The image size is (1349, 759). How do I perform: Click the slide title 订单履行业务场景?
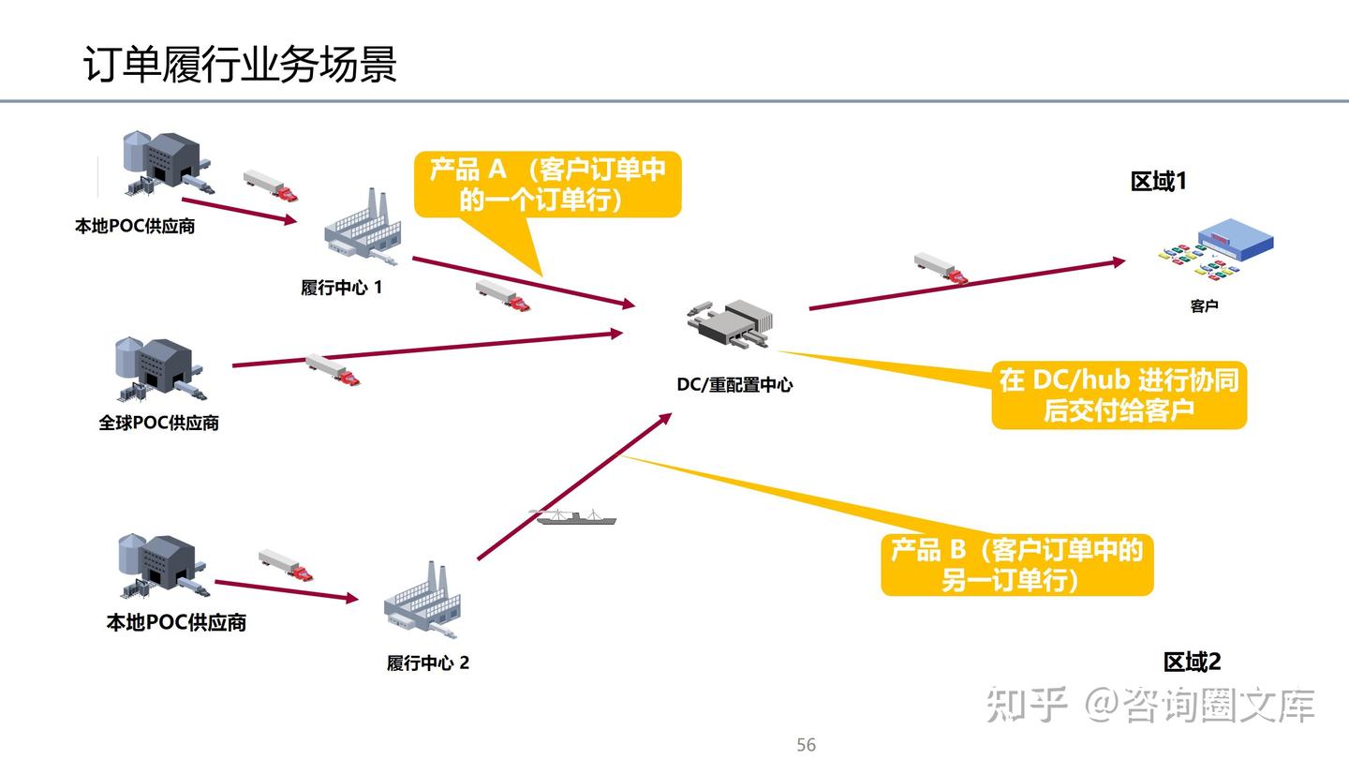point(240,65)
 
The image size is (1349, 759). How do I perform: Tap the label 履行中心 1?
point(341,288)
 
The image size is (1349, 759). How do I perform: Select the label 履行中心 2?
point(428,663)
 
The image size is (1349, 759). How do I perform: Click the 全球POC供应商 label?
point(159,423)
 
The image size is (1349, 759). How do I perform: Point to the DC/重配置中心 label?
point(734,384)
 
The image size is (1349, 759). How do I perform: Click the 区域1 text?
point(1158,182)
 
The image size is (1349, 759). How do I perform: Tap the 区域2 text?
point(1192,662)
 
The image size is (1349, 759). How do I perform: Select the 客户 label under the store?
point(1204,306)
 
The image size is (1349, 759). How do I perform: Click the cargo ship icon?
point(577,516)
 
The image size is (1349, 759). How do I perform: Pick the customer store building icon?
point(1218,248)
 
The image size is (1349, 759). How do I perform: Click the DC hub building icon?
point(730,324)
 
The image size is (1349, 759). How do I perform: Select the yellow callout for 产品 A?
point(548,185)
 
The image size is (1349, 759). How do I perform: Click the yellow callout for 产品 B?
point(1016,564)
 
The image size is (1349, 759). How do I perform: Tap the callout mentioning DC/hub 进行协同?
point(1119,394)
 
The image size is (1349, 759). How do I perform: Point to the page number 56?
point(806,745)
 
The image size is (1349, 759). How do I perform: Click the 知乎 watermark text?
point(1027,705)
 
